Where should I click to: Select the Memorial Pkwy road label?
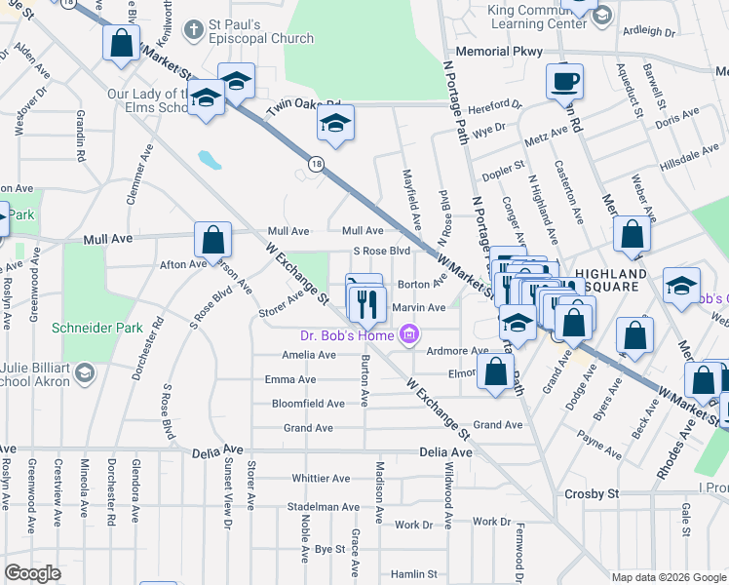click(497, 50)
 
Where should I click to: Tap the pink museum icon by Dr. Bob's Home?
click(409, 336)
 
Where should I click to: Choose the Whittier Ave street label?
click(321, 479)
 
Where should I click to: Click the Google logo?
click(33, 573)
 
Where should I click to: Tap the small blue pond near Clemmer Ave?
click(209, 160)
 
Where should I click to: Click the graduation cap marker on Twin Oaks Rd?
click(335, 124)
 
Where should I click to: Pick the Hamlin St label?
click(414, 575)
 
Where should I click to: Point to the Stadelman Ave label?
click(324, 507)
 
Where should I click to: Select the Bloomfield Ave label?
click(308, 404)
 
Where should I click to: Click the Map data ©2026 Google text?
click(669, 577)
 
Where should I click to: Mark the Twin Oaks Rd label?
click(304, 106)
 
